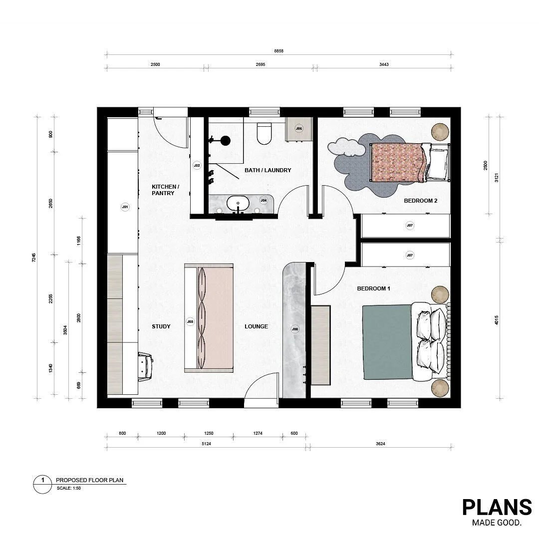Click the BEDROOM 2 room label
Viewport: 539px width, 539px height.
420,201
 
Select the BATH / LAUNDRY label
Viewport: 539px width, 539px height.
268,170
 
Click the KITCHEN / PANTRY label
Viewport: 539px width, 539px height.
165,190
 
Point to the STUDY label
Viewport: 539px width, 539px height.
161,326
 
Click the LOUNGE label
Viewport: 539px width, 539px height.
256,326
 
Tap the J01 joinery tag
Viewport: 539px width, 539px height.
125,207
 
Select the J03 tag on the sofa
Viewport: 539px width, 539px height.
190,322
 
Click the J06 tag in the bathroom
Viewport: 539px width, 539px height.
299,128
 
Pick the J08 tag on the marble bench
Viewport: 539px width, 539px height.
295,329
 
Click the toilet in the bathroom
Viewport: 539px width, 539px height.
263,132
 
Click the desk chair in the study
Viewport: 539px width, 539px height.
145,366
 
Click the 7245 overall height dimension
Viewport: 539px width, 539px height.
34,258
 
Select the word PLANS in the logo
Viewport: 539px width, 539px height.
497,507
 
